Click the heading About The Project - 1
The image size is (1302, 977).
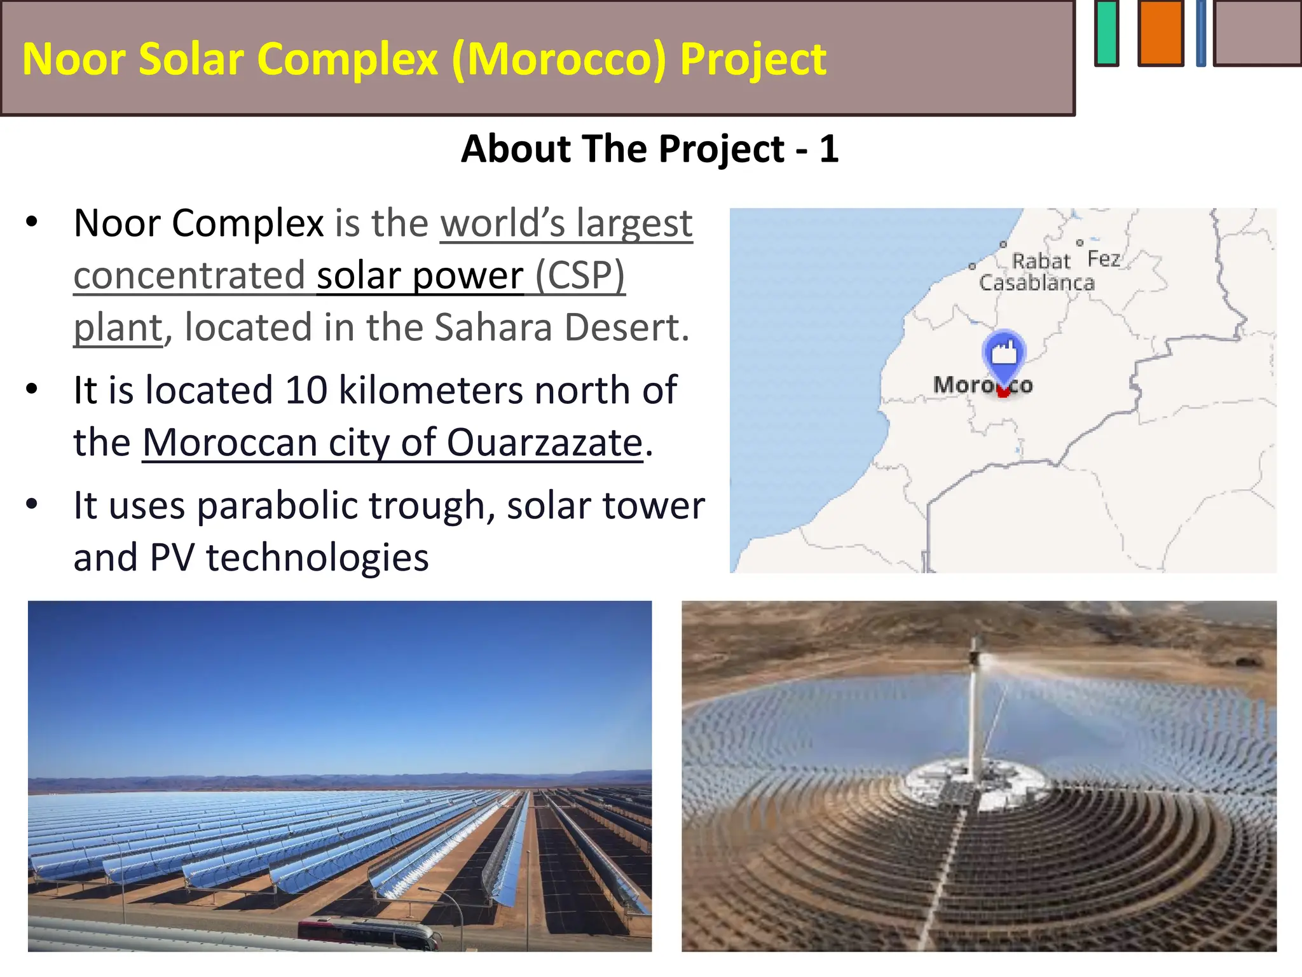(x=650, y=149)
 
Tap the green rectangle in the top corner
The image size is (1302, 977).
(x=1107, y=33)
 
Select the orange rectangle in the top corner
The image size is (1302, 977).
(x=1160, y=33)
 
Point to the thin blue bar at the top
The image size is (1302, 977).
(x=1201, y=33)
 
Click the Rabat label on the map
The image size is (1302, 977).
(x=1041, y=261)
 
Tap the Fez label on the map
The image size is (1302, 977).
(x=1104, y=259)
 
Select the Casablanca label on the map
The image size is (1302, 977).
(x=1037, y=283)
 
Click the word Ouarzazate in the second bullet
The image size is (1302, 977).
(x=545, y=442)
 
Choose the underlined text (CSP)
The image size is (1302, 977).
(x=580, y=275)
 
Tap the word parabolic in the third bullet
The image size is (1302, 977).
(x=278, y=506)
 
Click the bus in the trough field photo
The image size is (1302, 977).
(x=369, y=932)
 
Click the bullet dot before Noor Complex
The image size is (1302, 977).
(x=32, y=223)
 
